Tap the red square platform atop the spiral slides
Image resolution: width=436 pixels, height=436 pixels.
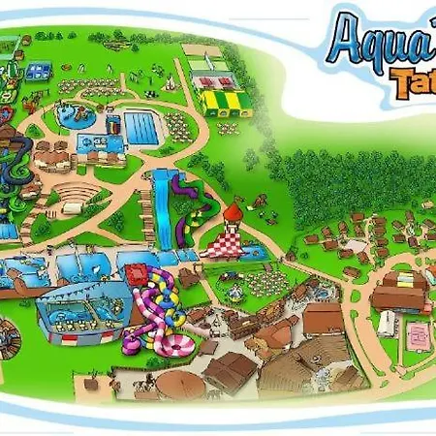tap(161, 281)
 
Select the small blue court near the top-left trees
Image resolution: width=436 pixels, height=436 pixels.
tap(39, 71)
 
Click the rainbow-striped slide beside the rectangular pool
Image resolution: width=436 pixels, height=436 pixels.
tap(110, 126)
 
